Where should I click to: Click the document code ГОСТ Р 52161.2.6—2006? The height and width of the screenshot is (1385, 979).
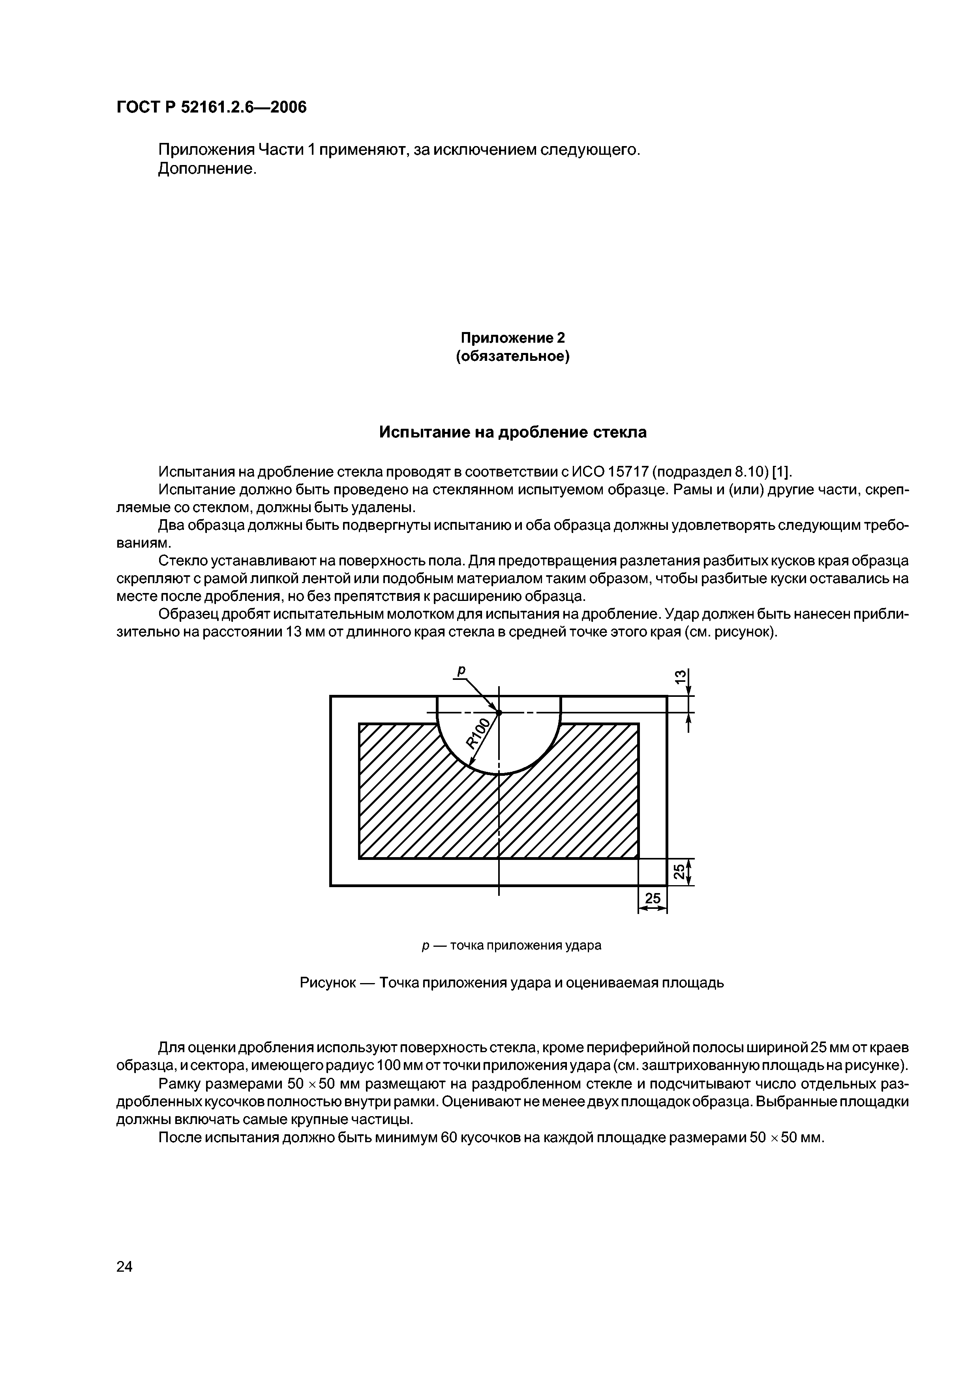pyautogui.click(x=212, y=107)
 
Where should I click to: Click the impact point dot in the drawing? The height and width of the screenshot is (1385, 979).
pyautogui.click(x=499, y=712)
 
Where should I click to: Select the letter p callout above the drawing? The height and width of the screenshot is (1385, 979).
pyautogui.click(x=461, y=671)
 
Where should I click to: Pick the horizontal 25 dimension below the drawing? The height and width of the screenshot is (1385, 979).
pyautogui.click(x=653, y=899)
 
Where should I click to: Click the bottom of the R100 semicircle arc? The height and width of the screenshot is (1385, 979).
pyautogui.click(x=499, y=774)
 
